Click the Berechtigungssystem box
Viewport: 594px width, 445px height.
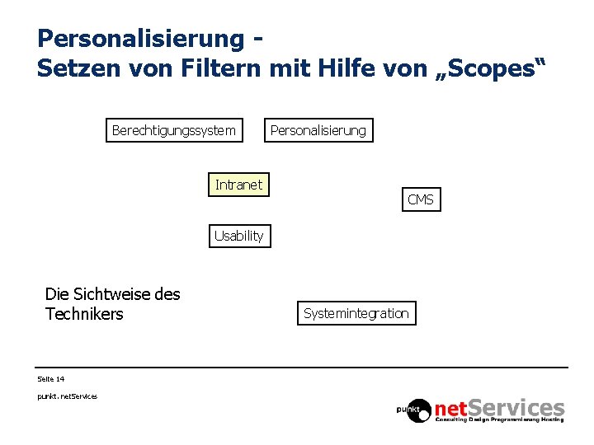[173, 130]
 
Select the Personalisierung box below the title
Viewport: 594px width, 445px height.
[318, 130]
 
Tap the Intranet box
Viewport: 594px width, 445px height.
[238, 185]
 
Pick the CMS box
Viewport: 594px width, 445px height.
[420, 199]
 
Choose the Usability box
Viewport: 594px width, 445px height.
[238, 236]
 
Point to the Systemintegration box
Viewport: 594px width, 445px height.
[356, 313]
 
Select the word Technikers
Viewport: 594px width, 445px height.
[84, 314]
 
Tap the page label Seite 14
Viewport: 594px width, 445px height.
[51, 379]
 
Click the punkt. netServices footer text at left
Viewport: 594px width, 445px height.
[67, 396]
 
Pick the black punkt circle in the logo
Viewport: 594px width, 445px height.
[414, 408]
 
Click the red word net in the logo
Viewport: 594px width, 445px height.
[452, 407]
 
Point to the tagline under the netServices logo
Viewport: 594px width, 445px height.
[500, 420]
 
